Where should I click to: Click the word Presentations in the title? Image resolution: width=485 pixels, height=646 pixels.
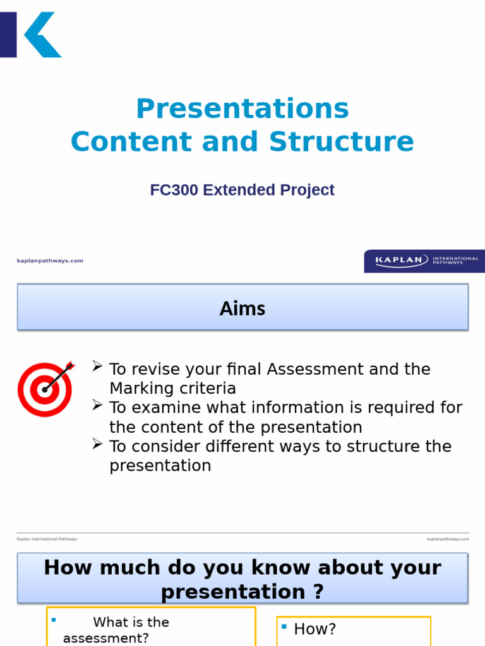242,109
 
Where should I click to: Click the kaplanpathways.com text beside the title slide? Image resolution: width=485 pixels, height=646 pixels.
50,261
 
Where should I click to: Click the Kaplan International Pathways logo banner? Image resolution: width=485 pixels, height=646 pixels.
424,261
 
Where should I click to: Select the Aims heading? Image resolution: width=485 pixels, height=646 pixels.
242,308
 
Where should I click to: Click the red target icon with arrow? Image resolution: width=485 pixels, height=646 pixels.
45,388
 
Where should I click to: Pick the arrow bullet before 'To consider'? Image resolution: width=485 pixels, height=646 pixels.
97,444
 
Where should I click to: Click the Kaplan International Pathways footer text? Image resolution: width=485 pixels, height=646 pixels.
47,539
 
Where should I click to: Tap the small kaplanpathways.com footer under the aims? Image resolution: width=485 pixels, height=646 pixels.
448,539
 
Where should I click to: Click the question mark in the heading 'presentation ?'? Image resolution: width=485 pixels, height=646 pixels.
318,592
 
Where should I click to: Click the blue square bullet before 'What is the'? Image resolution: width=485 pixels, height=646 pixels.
54,620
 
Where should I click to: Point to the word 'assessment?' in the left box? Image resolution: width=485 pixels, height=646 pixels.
106,638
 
